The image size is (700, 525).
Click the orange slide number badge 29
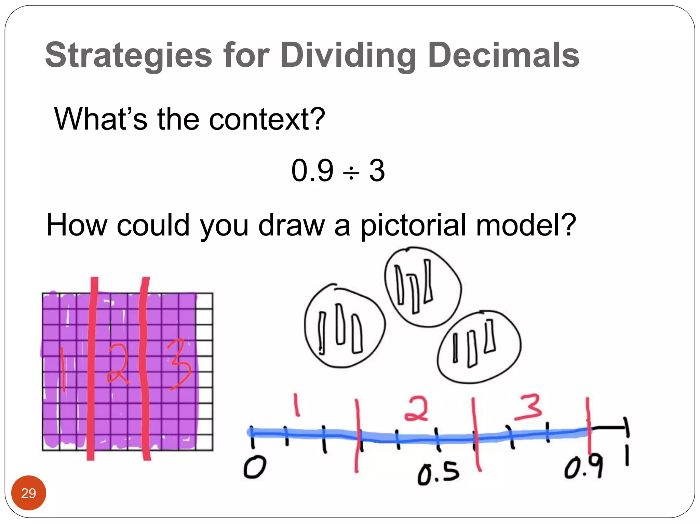pos(29,493)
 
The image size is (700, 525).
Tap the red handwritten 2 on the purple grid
pos(117,364)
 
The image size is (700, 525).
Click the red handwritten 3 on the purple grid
pos(179,364)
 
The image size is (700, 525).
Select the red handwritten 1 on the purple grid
pos(63,369)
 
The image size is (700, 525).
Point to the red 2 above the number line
pos(416,408)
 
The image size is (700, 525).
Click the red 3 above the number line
pos(528,407)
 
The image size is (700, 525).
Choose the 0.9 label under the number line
pos(583,468)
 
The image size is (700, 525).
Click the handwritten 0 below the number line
pos(254,468)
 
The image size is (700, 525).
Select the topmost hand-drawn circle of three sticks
pos(422,287)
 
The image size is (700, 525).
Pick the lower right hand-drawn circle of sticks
pos(479,347)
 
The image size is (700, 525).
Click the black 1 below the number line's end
pos(627,457)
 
